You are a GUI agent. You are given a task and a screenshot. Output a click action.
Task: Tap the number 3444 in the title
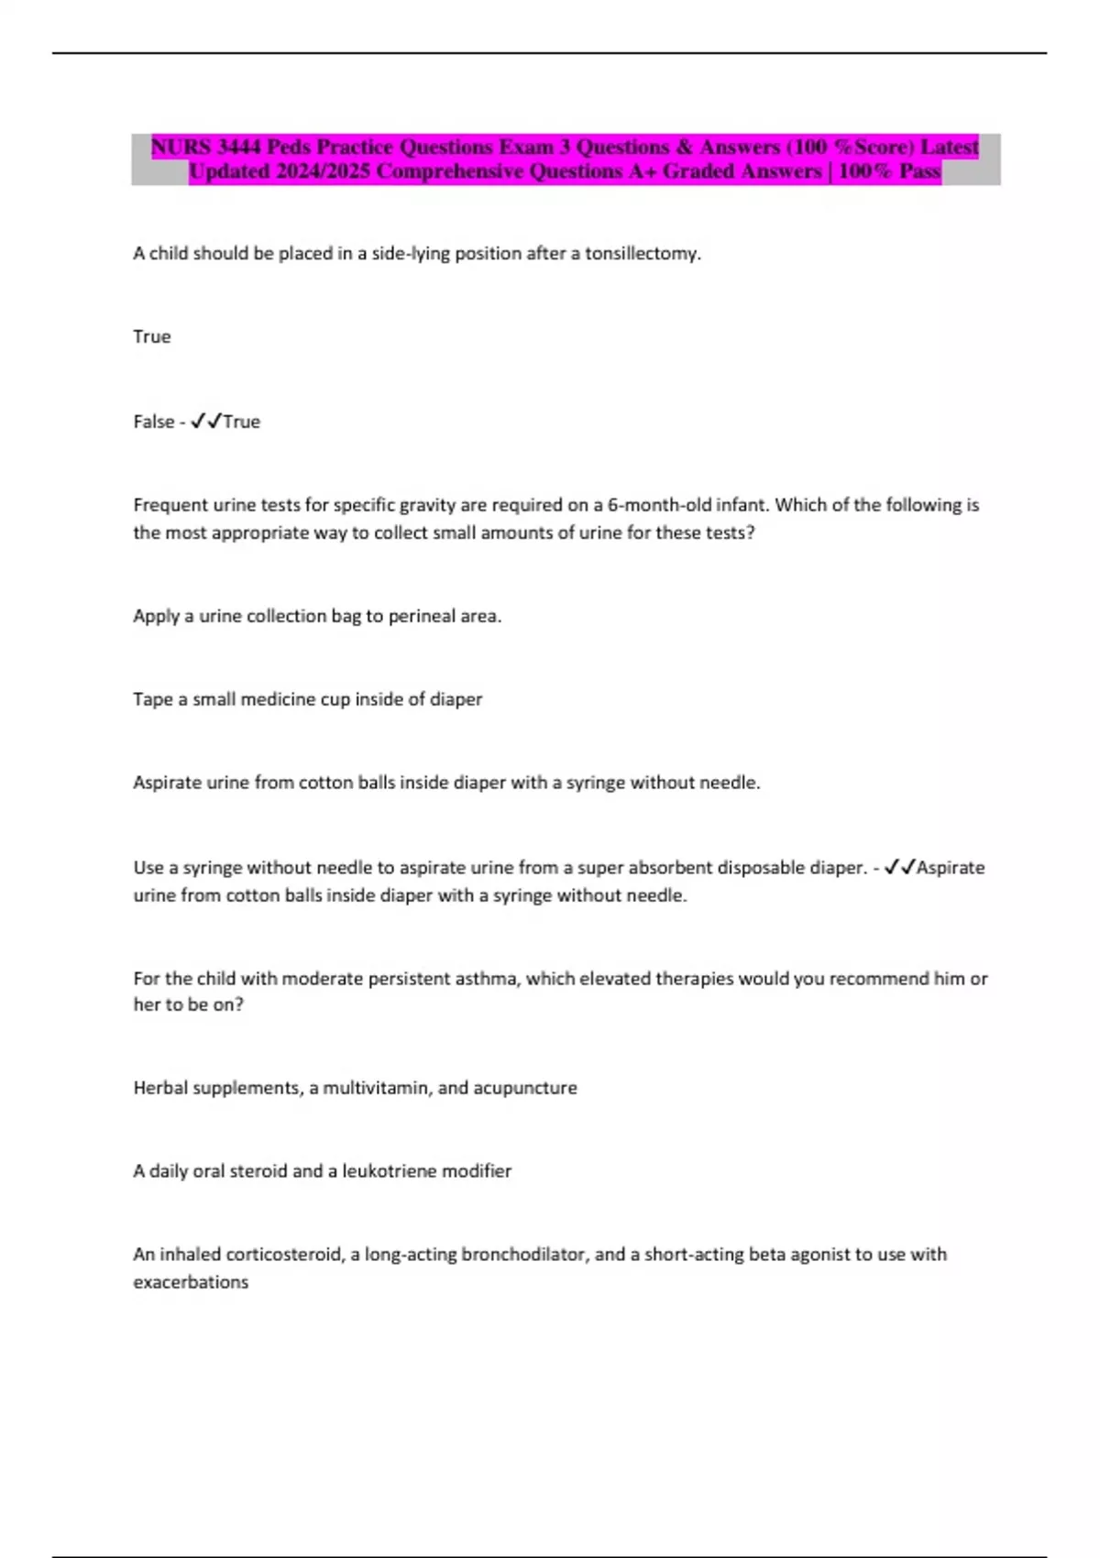pos(239,147)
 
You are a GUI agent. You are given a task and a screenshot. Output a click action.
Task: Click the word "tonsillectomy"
pos(643,254)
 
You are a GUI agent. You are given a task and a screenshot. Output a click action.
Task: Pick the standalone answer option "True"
pos(152,336)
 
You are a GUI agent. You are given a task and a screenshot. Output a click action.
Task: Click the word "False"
pos(153,422)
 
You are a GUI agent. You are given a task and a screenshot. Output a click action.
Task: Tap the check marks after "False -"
pos(206,422)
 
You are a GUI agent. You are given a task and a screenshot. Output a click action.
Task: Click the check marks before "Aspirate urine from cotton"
pos(899,867)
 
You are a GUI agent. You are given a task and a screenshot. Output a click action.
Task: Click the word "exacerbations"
pos(191,1282)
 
